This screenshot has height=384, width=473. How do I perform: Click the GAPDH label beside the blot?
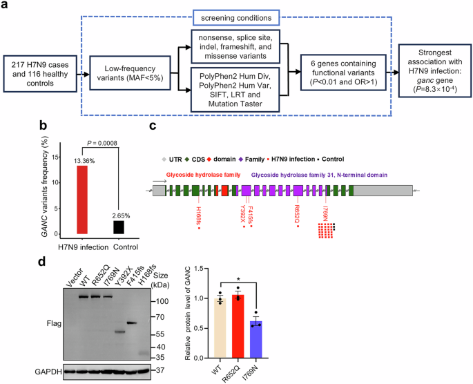pos(20,371)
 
